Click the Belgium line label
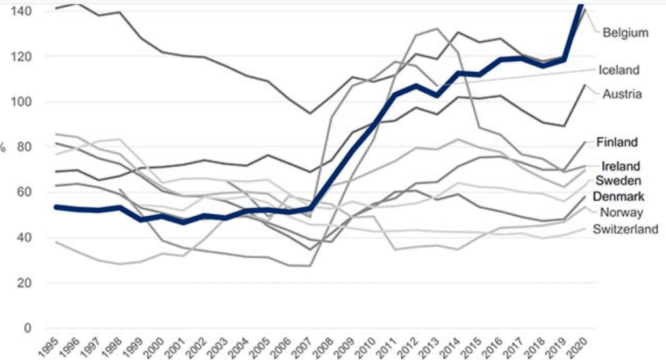click(625, 33)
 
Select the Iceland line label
click(618, 70)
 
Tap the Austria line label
click(622, 94)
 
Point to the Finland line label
click(617, 142)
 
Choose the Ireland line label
click(620, 166)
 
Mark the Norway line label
click(621, 212)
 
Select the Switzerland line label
click(626, 228)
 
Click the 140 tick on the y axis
click(23, 11)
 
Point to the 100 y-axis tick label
click(23, 102)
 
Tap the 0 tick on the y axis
click(27, 329)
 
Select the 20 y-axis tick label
click(25, 283)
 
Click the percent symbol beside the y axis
click(3, 148)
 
